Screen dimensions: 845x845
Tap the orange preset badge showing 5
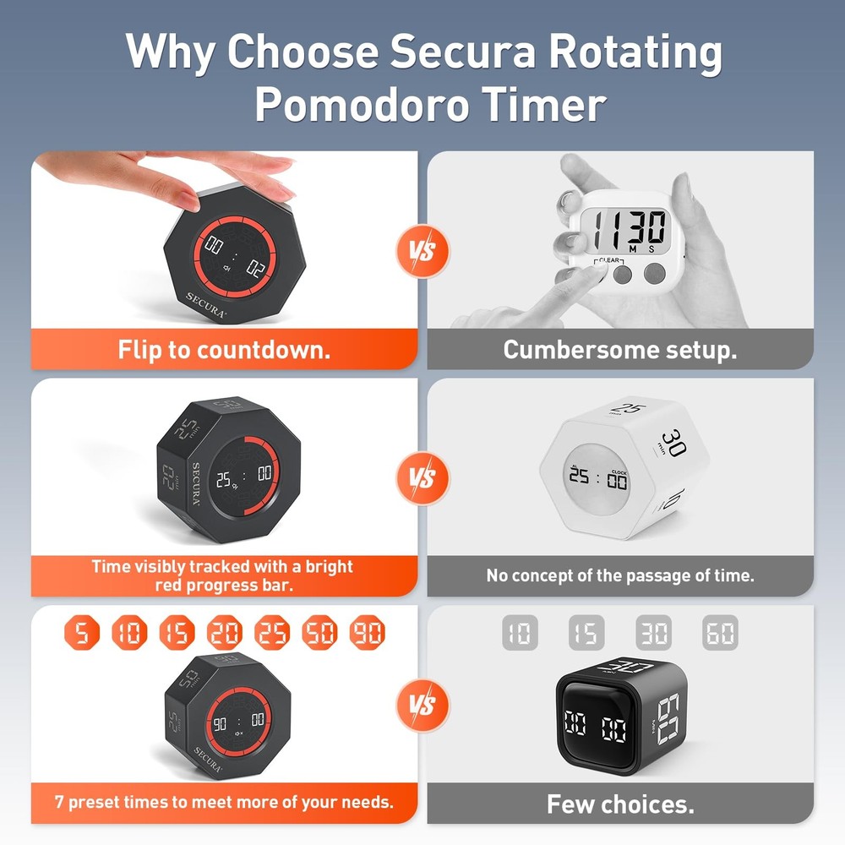pos(81,632)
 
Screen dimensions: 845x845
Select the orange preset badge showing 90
pos(368,632)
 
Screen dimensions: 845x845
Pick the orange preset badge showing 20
pos(225,632)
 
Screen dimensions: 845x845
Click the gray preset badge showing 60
pos(720,632)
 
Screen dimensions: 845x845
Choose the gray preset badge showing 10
pos(520,632)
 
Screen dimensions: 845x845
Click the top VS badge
pos(422,251)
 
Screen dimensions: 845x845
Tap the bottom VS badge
pos(422,704)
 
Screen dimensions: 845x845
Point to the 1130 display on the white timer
pos(628,229)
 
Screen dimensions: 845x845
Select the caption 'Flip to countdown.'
pos(224,349)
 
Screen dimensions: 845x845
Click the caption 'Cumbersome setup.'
pos(620,349)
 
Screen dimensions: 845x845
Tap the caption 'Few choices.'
pos(620,804)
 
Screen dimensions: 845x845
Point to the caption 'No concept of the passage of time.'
pos(620,576)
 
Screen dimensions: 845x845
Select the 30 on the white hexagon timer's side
pos(673,444)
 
